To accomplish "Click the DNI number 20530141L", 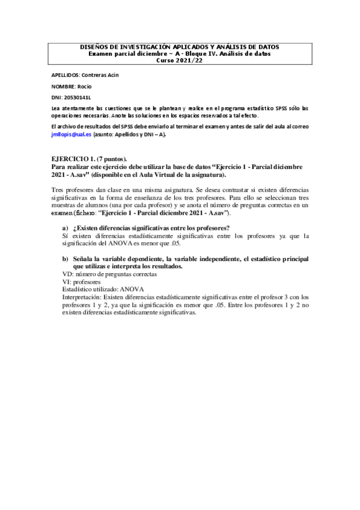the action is click(x=82, y=96).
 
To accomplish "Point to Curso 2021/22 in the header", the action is click(x=180, y=61).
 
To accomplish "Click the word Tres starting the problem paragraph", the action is click(x=59, y=189).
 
